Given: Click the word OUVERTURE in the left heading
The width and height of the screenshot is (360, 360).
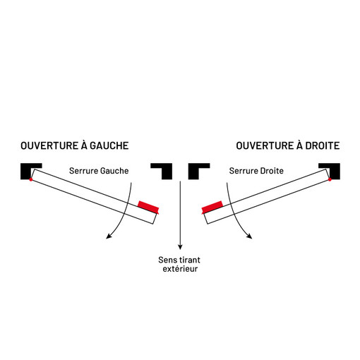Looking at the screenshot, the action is [x=49, y=145].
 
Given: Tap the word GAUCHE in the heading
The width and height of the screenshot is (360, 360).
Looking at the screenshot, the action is [x=109, y=145].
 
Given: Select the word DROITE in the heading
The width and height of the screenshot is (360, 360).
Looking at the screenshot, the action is [x=323, y=145].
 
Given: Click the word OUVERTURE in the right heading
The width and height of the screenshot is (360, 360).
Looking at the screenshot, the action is [x=265, y=145].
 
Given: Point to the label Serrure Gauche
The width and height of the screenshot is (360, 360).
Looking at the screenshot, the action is [x=99, y=171].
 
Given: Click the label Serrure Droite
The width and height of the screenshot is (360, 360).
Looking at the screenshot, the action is [x=256, y=171].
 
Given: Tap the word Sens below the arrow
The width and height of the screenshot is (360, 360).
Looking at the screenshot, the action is [x=167, y=260].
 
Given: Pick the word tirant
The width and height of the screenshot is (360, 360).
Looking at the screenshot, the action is [x=189, y=260].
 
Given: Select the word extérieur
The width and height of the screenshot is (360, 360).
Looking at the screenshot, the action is [x=180, y=269].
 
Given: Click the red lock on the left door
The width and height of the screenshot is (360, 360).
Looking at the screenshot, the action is [x=148, y=208].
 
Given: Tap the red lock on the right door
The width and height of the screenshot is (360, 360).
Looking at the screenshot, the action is [x=212, y=208].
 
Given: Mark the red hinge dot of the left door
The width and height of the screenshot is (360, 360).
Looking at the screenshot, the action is [x=31, y=179].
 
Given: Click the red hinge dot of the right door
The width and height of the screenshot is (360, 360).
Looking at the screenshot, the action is [x=330, y=179].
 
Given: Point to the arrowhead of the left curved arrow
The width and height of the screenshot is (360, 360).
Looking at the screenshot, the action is [x=108, y=236].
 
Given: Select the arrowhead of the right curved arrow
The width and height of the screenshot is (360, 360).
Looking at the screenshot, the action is [x=250, y=236].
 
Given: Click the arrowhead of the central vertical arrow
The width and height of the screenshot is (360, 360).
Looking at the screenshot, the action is [x=180, y=247].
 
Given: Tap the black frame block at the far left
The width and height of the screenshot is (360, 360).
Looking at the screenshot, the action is [x=26, y=172].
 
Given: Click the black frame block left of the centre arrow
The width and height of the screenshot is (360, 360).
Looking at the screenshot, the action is [x=167, y=172].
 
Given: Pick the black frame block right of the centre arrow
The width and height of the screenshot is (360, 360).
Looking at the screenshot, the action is [x=193, y=172].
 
